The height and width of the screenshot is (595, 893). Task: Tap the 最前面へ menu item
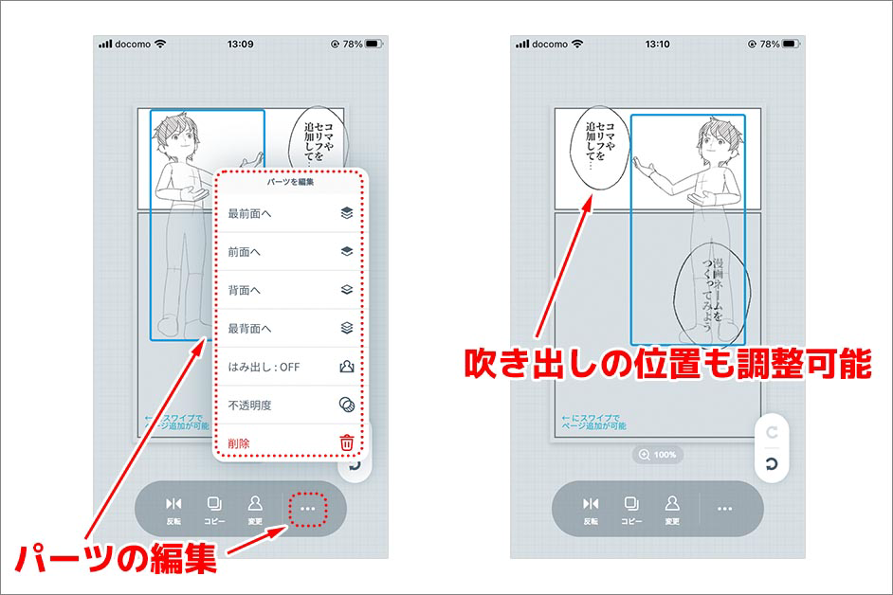coord(290,213)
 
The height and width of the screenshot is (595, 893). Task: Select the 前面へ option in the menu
coord(290,252)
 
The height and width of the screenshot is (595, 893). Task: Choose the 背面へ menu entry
coord(290,290)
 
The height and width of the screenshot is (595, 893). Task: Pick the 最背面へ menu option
coord(290,328)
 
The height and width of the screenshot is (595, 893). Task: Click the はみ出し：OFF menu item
coord(290,367)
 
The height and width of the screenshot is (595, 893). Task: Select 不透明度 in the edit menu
coord(290,405)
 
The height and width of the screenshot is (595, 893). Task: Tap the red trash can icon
coord(346,442)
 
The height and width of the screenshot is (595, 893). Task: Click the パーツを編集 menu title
coord(290,182)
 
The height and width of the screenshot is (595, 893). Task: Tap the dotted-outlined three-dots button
coord(307,509)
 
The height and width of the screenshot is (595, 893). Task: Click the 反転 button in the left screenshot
coord(173,510)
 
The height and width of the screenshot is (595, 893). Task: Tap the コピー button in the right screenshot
coord(631,510)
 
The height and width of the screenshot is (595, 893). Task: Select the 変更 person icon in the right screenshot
coord(672,510)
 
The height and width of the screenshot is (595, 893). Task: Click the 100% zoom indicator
coord(657,455)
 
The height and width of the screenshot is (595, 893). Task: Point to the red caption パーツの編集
coord(116,558)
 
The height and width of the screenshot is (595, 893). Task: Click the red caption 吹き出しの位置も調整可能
coord(668,363)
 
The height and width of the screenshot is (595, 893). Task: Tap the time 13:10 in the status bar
coord(657,44)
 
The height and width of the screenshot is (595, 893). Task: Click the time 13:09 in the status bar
coord(241,44)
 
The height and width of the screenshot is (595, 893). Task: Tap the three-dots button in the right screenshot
coord(724,509)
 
